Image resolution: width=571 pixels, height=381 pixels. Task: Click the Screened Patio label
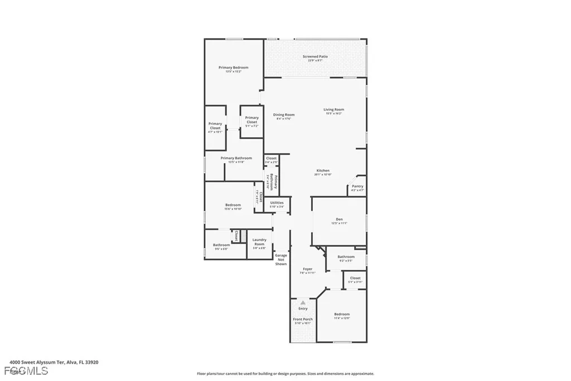click(315, 56)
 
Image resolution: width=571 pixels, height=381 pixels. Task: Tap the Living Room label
click(334, 109)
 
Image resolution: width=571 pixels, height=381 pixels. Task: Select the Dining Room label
click(284, 115)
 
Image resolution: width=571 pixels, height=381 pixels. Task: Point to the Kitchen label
click(323, 170)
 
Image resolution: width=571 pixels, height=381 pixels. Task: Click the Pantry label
click(357, 186)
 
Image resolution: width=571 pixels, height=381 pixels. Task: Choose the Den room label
click(339, 219)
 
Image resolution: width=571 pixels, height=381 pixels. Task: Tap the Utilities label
click(277, 203)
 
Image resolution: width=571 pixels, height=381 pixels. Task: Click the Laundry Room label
click(259, 242)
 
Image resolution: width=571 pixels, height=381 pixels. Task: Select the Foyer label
click(308, 269)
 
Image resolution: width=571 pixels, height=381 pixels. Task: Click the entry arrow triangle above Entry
click(303, 302)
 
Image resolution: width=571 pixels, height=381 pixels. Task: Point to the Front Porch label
click(303, 320)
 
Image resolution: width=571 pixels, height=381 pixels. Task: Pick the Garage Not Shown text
click(281, 259)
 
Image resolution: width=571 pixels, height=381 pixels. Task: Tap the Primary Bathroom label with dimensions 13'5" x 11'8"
click(236, 158)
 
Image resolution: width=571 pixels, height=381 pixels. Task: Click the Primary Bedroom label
click(233, 68)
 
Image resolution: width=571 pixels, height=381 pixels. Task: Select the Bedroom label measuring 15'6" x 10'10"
click(233, 205)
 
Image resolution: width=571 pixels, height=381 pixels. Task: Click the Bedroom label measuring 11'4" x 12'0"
click(342, 315)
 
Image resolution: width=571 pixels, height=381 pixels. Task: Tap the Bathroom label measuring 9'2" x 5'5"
click(346, 257)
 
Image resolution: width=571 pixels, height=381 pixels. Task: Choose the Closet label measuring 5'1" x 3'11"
click(355, 278)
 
